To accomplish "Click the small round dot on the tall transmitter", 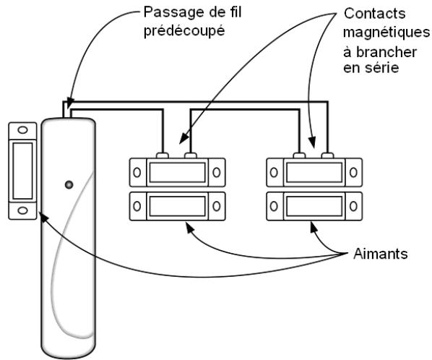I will pyautogui.click(x=69, y=184).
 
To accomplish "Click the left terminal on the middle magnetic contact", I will pyautogui.click(x=163, y=154).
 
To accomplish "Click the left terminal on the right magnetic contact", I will pyautogui.click(x=300, y=154).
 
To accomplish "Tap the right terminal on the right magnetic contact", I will pyautogui.click(x=327, y=154).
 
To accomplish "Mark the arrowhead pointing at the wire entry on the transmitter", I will pyautogui.click(x=67, y=103).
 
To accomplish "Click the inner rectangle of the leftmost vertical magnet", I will pyautogui.click(x=23, y=171).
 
